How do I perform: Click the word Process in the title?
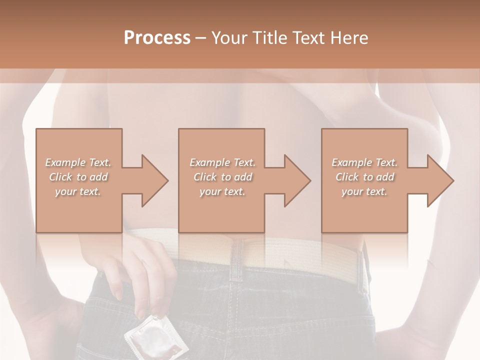point(157,38)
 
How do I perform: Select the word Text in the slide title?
point(307,38)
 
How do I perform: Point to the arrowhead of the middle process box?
point(297,180)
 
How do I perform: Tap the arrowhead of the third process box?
point(440,180)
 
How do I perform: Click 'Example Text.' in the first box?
point(78,162)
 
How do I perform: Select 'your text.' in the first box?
point(78,191)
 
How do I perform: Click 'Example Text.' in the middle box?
point(222,162)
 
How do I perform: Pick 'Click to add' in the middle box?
point(222,177)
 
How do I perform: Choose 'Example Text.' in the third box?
point(364,162)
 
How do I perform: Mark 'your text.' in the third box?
point(364,191)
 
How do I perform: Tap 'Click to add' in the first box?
point(78,177)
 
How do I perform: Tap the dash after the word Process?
point(200,38)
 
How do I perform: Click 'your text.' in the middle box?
point(222,191)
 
